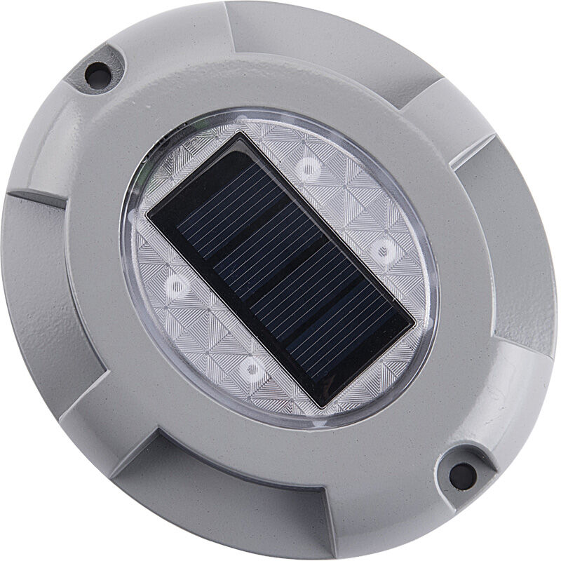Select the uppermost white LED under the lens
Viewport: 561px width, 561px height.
(306, 167)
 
